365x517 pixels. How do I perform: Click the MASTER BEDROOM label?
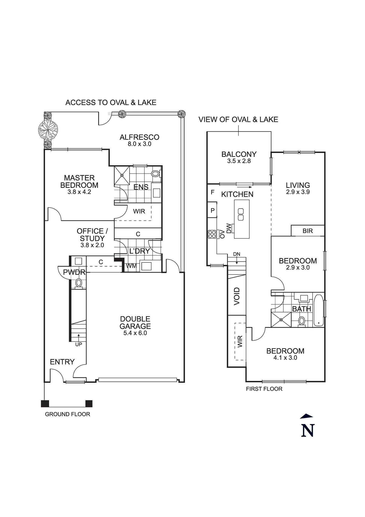tap(79, 181)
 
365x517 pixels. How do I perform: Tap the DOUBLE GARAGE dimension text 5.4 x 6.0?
tap(135, 333)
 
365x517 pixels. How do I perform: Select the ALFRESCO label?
tap(139, 137)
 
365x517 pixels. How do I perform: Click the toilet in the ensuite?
tap(156, 174)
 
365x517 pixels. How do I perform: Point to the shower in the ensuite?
tap(122, 175)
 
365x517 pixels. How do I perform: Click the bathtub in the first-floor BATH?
tap(319, 310)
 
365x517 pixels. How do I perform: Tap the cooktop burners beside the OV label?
tap(212, 234)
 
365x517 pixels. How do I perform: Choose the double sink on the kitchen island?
tap(241, 214)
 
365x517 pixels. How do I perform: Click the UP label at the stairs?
tap(79, 344)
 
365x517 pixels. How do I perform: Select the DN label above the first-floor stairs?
tap(237, 254)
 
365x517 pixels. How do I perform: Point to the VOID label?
tap(237, 296)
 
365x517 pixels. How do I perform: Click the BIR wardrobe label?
tap(308, 231)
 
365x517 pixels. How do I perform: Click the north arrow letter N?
tap(307, 431)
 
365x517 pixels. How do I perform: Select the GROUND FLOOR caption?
tap(67, 414)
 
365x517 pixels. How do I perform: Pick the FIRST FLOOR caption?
tap(264, 389)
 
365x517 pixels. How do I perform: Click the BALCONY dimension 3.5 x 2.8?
tap(239, 161)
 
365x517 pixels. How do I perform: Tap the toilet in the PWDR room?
tap(79, 283)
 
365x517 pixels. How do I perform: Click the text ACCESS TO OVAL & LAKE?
tap(111, 103)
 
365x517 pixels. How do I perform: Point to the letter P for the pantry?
tap(213, 210)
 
